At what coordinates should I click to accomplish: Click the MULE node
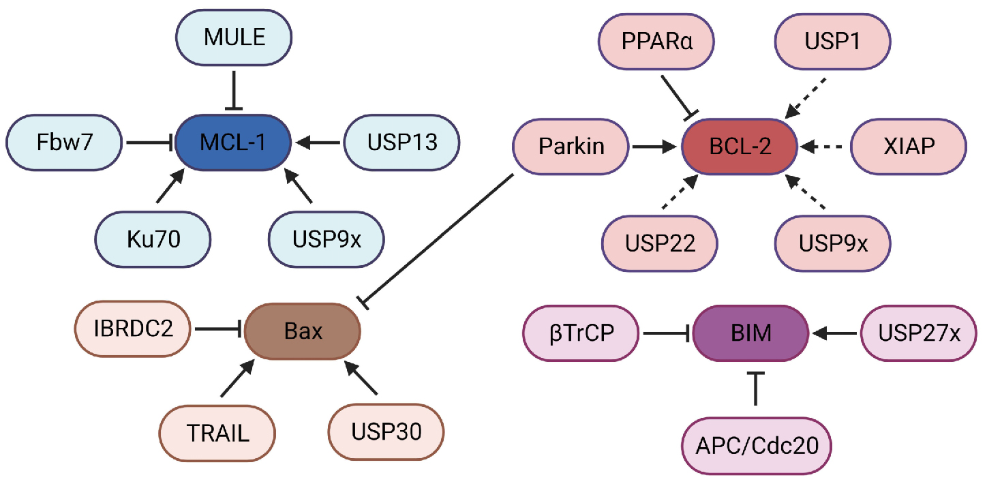coord(234,37)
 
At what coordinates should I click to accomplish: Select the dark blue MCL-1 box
coord(234,143)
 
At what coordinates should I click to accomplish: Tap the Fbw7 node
coord(64,143)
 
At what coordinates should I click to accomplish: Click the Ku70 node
coord(153,241)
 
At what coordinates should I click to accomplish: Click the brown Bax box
coord(302,333)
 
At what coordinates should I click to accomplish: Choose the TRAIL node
coord(217,432)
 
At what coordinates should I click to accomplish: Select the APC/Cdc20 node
coord(756,446)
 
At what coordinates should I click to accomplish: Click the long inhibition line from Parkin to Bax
coord(440,239)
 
